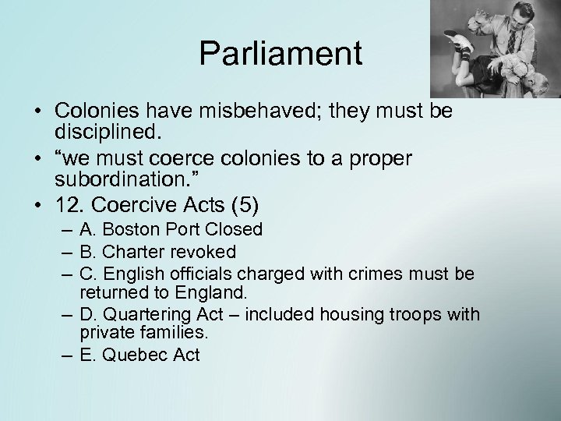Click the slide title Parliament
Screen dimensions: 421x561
point(280,54)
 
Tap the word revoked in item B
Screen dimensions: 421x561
point(205,252)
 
